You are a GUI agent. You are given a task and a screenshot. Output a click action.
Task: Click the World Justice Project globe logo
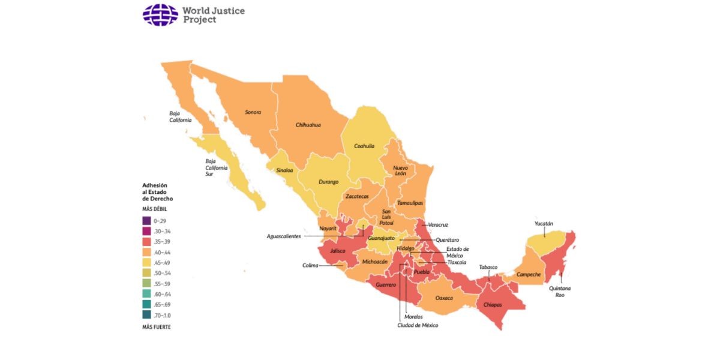[160, 15]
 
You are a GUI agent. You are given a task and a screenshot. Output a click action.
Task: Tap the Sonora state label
[253, 112]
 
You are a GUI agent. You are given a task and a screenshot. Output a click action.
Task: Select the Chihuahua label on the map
[308, 125]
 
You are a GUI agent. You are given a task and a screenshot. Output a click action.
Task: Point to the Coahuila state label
[364, 146]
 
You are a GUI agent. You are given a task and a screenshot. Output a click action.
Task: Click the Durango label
[328, 181]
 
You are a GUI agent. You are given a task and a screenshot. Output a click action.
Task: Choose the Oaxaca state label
[444, 298]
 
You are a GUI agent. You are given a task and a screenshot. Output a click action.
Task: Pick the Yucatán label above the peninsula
[544, 224]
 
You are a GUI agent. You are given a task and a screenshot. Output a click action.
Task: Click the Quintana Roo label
[563, 292]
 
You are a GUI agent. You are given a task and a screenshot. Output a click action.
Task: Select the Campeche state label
[529, 275]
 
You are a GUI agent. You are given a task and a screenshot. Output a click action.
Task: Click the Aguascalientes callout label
[284, 236]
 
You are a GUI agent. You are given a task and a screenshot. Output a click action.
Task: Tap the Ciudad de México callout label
[418, 325]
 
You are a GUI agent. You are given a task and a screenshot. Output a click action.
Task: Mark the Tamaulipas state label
[410, 203]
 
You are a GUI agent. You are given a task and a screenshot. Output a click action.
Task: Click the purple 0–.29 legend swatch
[147, 221]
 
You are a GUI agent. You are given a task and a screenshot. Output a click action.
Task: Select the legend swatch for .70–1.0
[147, 315]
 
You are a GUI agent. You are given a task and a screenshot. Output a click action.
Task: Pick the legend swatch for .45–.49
[147, 262]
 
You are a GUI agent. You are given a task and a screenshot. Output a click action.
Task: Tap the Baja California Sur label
[214, 167]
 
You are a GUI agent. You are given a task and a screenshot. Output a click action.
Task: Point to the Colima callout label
[310, 265]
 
